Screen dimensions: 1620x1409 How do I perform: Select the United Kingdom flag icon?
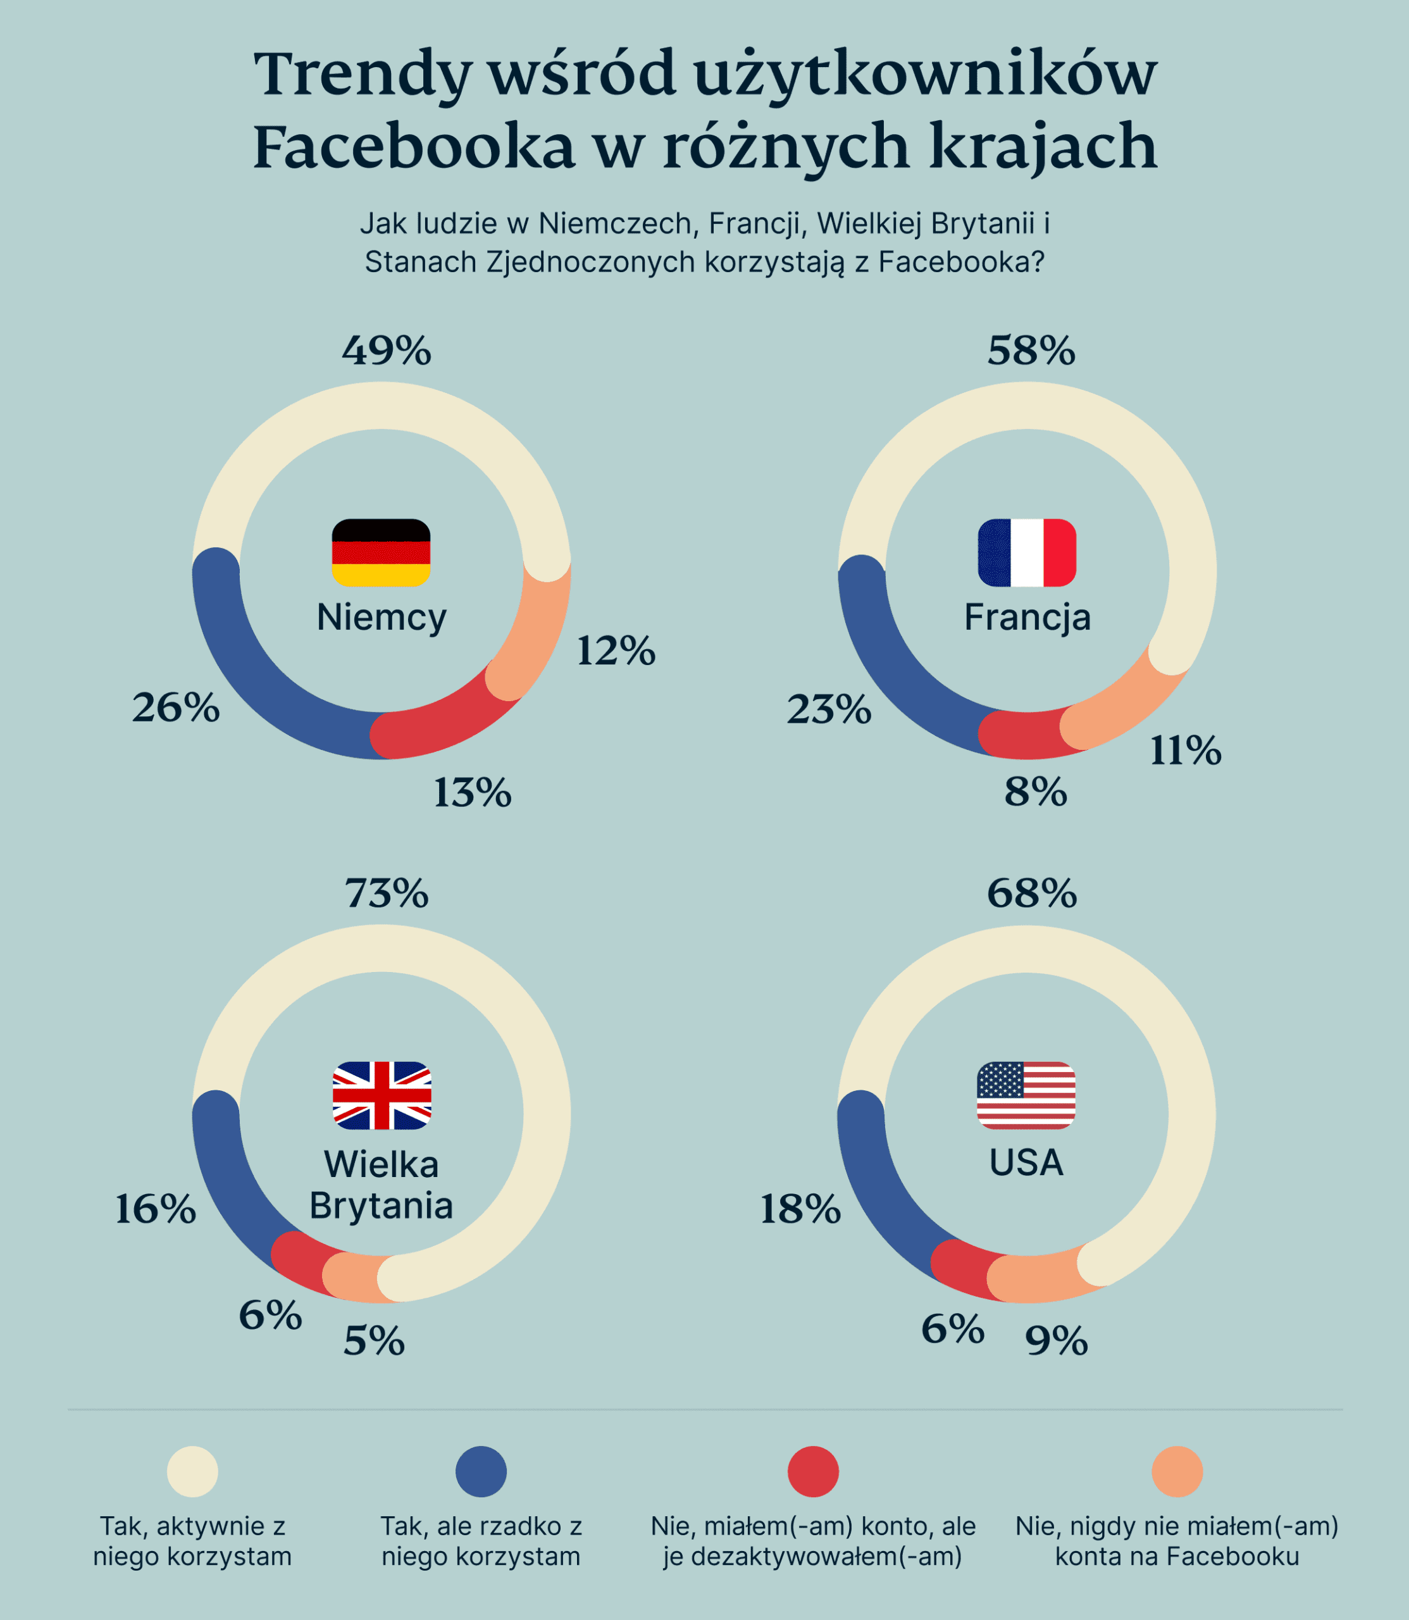point(382,1095)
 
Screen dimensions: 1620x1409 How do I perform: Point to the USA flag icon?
point(1026,1095)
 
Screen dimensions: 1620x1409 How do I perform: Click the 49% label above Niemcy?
point(386,350)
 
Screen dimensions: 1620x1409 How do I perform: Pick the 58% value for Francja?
point(1031,350)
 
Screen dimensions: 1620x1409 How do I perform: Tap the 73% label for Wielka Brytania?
point(387,894)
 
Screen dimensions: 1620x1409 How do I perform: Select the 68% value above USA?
point(1031,894)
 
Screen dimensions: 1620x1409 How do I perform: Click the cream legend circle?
point(192,1471)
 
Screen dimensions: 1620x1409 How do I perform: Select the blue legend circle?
point(481,1471)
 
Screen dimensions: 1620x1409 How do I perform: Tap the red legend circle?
point(813,1471)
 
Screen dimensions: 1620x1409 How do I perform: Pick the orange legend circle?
point(1177,1471)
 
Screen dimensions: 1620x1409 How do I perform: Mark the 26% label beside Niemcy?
point(176,707)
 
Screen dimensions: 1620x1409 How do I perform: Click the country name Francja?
point(1027,618)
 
